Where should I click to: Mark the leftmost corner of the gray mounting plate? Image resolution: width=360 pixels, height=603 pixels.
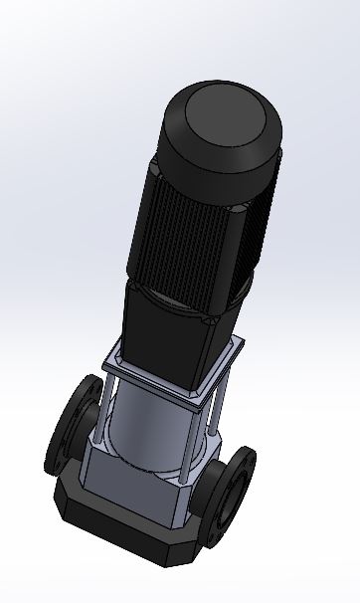click(x=102, y=362)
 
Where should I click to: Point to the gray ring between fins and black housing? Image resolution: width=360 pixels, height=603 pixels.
click(x=179, y=295)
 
